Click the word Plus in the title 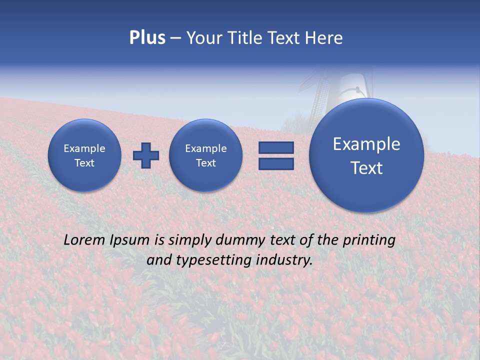point(147,38)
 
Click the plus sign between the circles point(146,155)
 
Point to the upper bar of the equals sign point(276,147)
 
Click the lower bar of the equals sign point(276,163)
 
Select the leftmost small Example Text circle point(84,155)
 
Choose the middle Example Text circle point(205,155)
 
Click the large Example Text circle point(366,155)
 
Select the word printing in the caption point(369,240)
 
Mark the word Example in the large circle point(366,144)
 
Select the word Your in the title point(204,38)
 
